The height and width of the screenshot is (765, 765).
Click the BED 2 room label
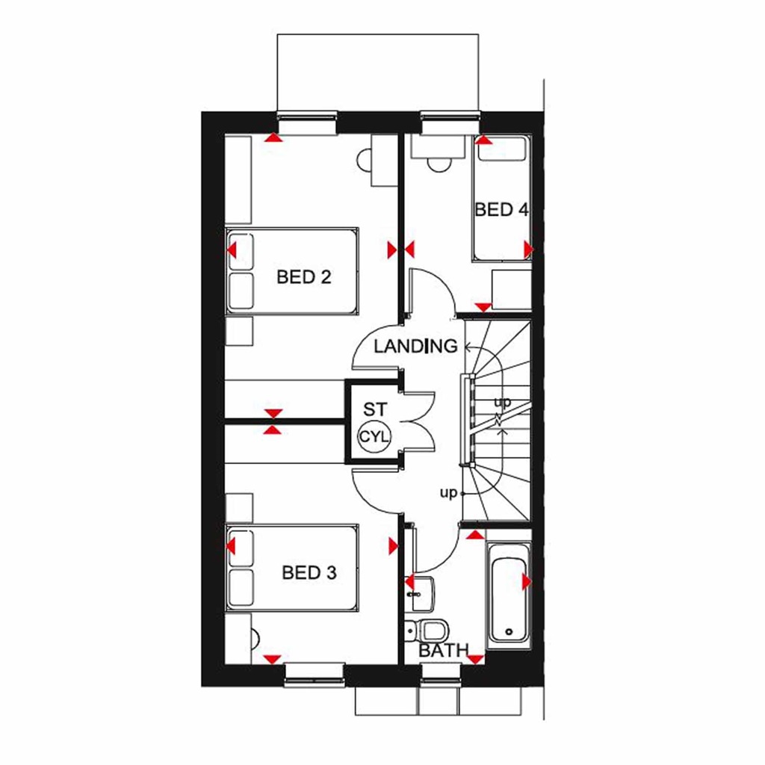click(x=303, y=277)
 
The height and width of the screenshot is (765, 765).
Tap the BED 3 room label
click(x=309, y=573)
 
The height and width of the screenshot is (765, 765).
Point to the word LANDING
click(x=415, y=347)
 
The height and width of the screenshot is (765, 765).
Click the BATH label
click(x=443, y=651)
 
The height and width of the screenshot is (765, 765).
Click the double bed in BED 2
click(x=293, y=270)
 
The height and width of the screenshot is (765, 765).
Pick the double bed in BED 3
click(x=293, y=566)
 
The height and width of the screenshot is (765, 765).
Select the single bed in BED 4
click(x=501, y=199)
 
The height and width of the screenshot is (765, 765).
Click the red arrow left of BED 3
click(x=231, y=546)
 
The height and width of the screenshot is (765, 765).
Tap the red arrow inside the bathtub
click(x=527, y=581)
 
